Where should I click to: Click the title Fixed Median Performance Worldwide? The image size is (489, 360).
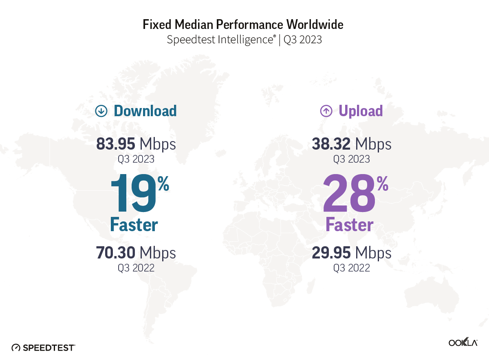pyautogui.click(x=243, y=25)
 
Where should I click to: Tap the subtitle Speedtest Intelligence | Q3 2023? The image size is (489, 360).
pyautogui.click(x=244, y=40)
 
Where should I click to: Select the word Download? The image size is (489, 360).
pyautogui.click(x=145, y=111)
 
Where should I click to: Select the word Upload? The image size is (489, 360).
pyautogui.click(x=361, y=111)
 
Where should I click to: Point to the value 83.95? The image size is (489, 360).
pyautogui.click(x=116, y=144)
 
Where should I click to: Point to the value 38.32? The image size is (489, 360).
pyautogui.click(x=331, y=144)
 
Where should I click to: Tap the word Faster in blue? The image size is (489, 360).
pyautogui.click(x=134, y=225)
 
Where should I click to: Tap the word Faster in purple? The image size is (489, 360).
pyautogui.click(x=350, y=225)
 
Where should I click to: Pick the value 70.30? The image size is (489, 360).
pyautogui.click(x=116, y=253)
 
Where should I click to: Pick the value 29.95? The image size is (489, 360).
pyautogui.click(x=331, y=253)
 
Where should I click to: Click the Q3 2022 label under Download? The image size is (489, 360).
pyautogui.click(x=136, y=268)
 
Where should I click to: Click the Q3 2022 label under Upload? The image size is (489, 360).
pyautogui.click(x=351, y=268)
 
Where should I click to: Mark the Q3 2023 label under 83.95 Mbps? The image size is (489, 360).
pyautogui.click(x=136, y=159)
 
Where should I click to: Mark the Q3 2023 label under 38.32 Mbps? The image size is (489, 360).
pyautogui.click(x=351, y=159)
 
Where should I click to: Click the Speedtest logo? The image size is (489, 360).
pyautogui.click(x=44, y=348)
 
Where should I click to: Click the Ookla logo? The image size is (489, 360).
pyautogui.click(x=463, y=342)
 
